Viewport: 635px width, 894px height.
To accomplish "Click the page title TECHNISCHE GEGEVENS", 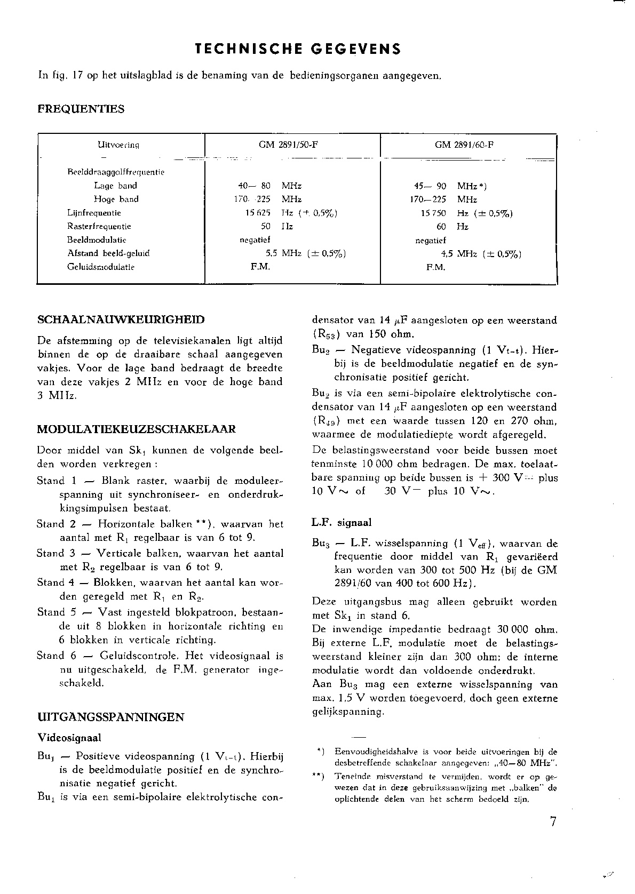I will tap(298, 50).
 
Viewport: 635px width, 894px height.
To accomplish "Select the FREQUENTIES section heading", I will tap(81, 109).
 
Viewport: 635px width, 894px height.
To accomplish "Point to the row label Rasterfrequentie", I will tap(99, 226).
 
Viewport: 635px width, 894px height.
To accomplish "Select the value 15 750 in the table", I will tap(434, 213).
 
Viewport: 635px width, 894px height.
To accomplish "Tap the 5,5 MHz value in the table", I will tap(284, 253).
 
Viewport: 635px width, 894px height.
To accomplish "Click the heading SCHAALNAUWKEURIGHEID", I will tap(121, 320).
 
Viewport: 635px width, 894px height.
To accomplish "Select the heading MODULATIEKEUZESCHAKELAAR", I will tap(137, 429).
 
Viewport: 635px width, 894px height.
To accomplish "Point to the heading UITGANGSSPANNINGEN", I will tap(111, 717).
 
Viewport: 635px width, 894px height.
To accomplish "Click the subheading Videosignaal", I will tap(69, 738).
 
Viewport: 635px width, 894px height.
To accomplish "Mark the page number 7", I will tap(553, 822).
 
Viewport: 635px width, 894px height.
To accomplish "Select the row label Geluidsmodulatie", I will tap(101, 267).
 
